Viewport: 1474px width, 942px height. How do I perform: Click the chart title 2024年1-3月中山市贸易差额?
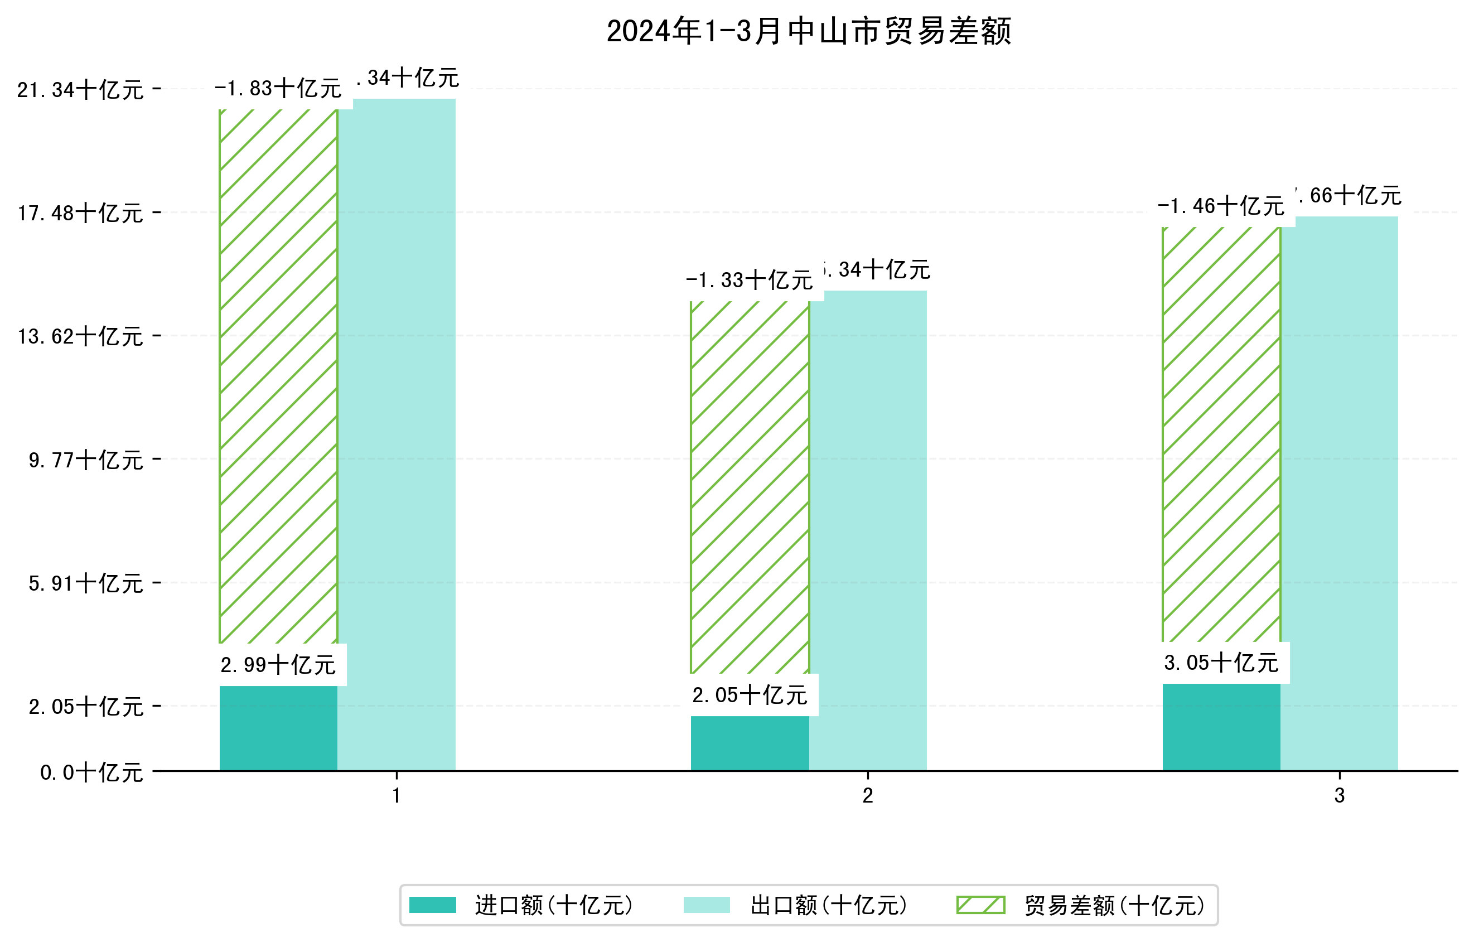coord(808,31)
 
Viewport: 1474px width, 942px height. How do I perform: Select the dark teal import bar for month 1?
coord(278,728)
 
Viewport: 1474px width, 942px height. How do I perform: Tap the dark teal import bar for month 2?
coord(750,743)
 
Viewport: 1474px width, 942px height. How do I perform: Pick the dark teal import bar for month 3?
coord(1221,727)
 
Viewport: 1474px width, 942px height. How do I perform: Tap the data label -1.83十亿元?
coord(278,89)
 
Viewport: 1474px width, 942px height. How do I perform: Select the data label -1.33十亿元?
coord(749,281)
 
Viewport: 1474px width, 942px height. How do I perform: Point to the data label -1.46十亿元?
coord(1221,206)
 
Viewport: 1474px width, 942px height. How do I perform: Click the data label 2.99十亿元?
coord(278,665)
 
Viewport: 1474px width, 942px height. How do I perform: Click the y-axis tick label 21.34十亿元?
coord(80,90)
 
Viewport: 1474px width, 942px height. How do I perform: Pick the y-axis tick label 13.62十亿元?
coord(80,336)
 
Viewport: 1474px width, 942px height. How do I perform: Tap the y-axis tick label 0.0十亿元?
coord(91,772)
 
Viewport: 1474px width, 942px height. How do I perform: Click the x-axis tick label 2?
coord(867,796)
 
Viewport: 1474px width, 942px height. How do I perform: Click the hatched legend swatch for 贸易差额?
coord(980,905)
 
